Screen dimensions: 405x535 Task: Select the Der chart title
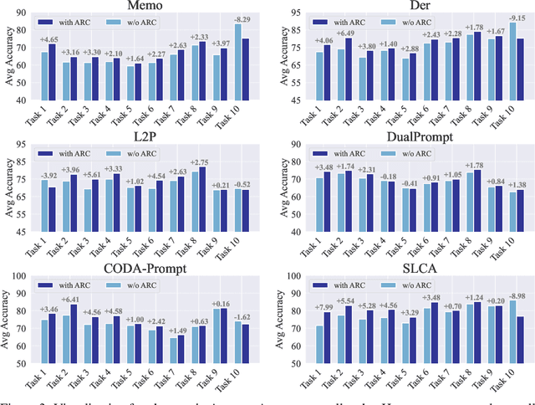coord(412,8)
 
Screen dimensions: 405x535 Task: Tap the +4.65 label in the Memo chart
coord(49,39)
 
